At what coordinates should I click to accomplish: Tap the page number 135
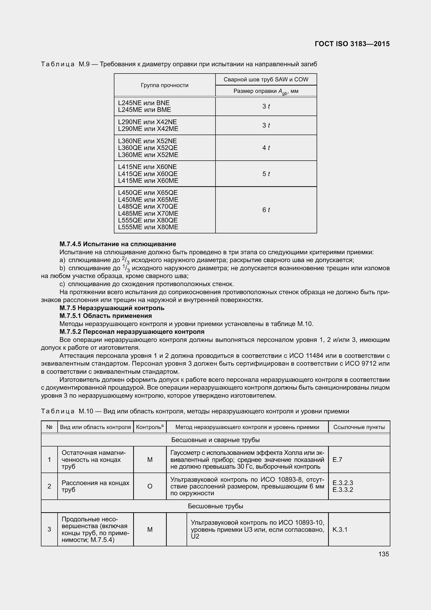coord(384,554)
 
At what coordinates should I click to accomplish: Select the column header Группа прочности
coord(164,85)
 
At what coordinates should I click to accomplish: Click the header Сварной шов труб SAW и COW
coord(266,80)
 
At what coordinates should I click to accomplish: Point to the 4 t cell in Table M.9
coord(266,148)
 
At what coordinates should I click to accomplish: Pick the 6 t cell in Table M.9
coord(266,210)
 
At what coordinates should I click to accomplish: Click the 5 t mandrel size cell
coord(266,174)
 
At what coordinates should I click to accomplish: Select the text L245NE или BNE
coord(144,103)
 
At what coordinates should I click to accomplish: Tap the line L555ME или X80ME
coord(148,227)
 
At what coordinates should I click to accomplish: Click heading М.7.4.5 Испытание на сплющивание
coord(118,244)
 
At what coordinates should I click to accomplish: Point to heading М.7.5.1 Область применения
coord(106,316)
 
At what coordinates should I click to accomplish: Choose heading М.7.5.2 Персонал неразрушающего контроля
coord(132,331)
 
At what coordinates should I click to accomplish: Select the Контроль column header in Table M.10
coord(150,427)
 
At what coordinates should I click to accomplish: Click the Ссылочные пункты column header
coord(359,427)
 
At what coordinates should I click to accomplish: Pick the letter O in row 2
coord(150,486)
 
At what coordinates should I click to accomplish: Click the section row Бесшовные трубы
coord(215,506)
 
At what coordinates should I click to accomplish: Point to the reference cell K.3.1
coord(340,529)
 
